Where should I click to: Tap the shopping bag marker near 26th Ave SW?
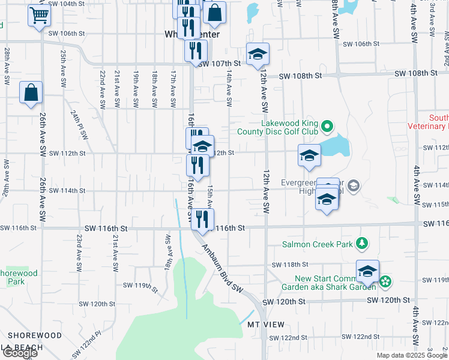tap(31, 93)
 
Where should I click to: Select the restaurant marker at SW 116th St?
tap(202, 219)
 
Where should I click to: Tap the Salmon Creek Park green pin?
tap(361, 244)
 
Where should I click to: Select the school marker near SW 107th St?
tap(258, 55)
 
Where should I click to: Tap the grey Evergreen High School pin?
tap(354, 185)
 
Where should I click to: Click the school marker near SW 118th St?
tap(367, 271)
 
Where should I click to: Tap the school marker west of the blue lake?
tap(309, 156)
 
